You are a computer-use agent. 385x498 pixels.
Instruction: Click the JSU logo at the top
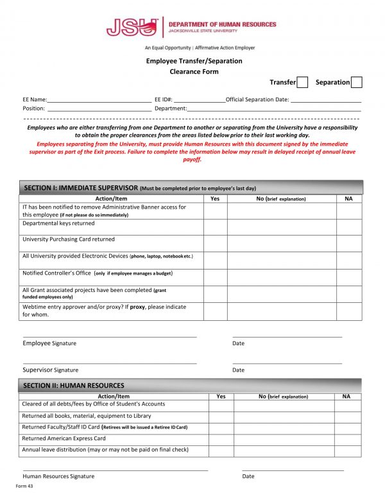click(132, 27)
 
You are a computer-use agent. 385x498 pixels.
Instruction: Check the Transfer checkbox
click(303, 82)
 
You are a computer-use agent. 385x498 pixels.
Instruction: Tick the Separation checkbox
click(357, 82)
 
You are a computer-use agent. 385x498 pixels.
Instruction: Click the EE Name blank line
click(99, 101)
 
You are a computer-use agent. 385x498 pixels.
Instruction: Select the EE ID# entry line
click(199, 101)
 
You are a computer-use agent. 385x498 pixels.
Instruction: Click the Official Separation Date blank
click(326, 101)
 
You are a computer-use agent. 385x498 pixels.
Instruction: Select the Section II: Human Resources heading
click(74, 386)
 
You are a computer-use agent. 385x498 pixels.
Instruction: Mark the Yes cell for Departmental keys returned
click(215, 227)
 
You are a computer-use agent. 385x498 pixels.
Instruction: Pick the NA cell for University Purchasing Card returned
click(348, 243)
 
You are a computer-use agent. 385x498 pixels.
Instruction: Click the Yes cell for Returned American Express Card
click(221, 439)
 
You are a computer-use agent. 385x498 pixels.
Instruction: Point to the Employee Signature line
click(110, 336)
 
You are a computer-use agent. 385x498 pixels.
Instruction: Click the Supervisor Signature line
click(110, 363)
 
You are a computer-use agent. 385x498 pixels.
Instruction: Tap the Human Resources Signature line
click(116, 469)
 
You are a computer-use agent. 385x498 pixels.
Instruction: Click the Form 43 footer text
click(24, 486)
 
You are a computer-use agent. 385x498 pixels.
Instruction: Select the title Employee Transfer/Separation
click(194, 61)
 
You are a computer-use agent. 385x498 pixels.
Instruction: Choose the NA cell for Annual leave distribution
click(346, 451)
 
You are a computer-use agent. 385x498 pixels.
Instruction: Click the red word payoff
click(193, 160)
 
